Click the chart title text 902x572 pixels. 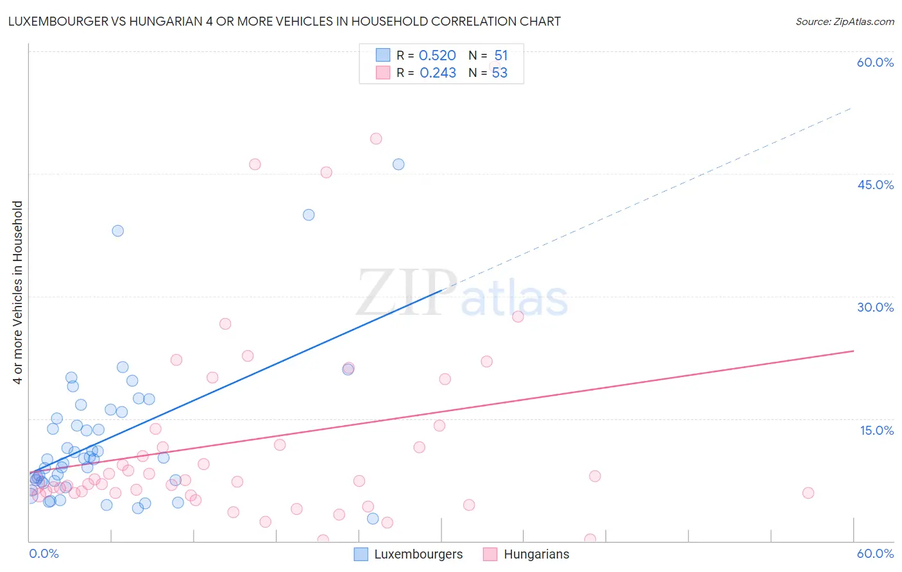(x=284, y=21)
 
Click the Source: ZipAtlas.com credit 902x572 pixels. (x=844, y=21)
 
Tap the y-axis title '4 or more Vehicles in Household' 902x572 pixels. (x=17, y=292)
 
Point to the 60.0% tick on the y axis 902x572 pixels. (x=875, y=62)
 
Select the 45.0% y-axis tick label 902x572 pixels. (x=875, y=185)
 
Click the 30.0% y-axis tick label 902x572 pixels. (x=875, y=307)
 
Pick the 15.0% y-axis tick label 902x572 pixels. (x=876, y=430)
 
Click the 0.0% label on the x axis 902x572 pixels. (x=44, y=553)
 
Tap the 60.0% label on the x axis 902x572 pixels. (x=875, y=553)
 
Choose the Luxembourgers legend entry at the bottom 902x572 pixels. (x=409, y=554)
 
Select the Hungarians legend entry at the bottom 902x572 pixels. (x=527, y=554)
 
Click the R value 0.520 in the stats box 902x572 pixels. (x=437, y=56)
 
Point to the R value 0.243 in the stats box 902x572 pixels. (x=438, y=73)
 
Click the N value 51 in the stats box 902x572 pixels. (x=501, y=56)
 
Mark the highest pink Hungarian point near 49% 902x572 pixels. (x=376, y=139)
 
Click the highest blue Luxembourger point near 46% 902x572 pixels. (x=398, y=164)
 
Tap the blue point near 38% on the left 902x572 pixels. (x=117, y=231)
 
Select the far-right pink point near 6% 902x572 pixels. (x=808, y=493)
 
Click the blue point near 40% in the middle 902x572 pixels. (x=309, y=215)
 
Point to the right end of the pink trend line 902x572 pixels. (x=853, y=351)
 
